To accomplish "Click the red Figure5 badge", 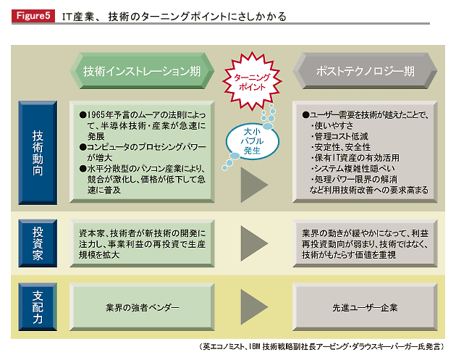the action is pyautogui.click(x=33, y=16).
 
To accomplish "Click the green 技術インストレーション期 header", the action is pyautogui.click(x=142, y=71).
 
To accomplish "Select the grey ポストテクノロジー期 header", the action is pyautogui.click(x=365, y=71).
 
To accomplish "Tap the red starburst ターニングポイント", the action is pyautogui.click(x=252, y=82).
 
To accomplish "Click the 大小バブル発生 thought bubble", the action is pyautogui.click(x=253, y=141).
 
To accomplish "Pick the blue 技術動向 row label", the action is pyautogui.click(x=38, y=153).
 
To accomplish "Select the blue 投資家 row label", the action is pyautogui.click(x=38, y=243).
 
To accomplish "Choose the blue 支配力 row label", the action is pyautogui.click(x=38, y=306).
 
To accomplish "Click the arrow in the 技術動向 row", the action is pyautogui.click(x=253, y=185).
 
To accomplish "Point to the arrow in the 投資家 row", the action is pyautogui.click(x=253, y=243).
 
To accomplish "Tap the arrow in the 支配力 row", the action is pyautogui.click(x=253, y=306).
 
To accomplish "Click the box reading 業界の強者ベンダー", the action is pyautogui.click(x=142, y=307).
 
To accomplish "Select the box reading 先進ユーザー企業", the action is pyautogui.click(x=365, y=307).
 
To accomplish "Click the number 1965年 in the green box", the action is pyautogui.click(x=100, y=115).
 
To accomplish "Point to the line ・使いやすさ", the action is pyautogui.click(x=332, y=126).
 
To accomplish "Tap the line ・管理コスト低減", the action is pyautogui.click(x=339, y=136).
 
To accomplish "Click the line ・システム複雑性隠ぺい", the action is pyautogui.click(x=352, y=169).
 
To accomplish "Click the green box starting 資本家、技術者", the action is pyautogui.click(x=142, y=243).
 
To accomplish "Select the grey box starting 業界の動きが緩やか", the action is pyautogui.click(x=365, y=243).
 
